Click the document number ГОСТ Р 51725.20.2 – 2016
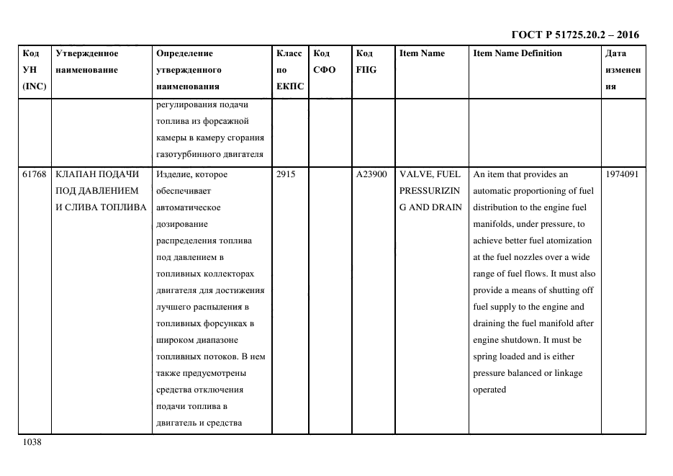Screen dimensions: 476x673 point(575,34)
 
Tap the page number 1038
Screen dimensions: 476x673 point(32,443)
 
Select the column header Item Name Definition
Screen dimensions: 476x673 point(518,53)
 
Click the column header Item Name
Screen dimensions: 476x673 point(422,53)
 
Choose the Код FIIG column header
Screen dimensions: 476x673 point(366,62)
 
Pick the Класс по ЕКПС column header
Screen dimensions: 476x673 point(289,70)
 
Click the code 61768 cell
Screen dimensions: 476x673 point(35,174)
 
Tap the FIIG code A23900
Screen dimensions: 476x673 point(371,174)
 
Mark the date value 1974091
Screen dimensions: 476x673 point(622,174)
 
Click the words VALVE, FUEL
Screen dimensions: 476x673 point(429,174)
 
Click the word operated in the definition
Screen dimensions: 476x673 point(489,390)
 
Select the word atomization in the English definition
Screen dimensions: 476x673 point(568,241)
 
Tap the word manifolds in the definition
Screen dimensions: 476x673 point(494,224)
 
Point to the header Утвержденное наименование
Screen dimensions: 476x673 point(87,62)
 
